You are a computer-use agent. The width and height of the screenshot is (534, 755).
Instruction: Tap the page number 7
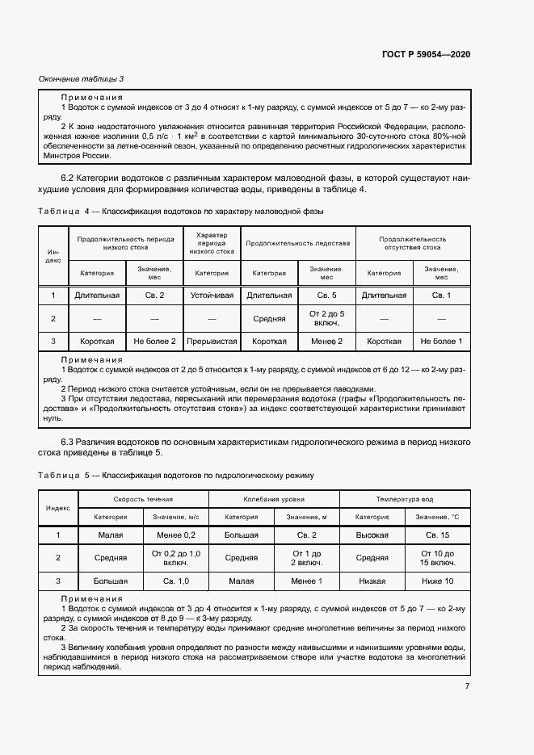click(467, 686)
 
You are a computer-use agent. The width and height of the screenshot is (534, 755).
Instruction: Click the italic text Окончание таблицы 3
click(82, 78)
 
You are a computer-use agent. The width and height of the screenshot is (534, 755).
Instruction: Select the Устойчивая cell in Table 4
click(212, 296)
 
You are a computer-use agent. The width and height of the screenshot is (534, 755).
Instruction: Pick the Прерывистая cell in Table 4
click(212, 342)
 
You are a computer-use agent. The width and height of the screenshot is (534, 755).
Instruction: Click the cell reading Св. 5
click(326, 296)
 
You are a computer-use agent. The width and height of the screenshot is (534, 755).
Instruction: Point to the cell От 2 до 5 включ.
click(326, 318)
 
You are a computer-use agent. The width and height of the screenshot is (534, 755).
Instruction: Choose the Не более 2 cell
click(154, 342)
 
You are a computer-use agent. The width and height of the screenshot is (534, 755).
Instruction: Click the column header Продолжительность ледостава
click(297, 242)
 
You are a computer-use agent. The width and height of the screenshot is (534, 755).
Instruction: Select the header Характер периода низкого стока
click(212, 243)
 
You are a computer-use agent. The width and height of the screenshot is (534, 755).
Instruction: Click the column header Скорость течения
click(143, 499)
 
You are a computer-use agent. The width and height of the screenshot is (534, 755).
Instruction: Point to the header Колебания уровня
click(274, 499)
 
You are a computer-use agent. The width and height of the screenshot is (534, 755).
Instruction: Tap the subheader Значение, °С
click(437, 517)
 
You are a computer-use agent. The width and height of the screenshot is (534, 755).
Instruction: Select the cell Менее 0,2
click(175, 535)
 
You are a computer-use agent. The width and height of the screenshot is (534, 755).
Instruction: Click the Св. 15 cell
click(437, 535)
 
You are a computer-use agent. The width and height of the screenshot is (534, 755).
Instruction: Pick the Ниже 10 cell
click(437, 581)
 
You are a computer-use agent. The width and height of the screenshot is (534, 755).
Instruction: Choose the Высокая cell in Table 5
click(372, 535)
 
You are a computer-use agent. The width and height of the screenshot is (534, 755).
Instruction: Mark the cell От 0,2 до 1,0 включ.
click(175, 557)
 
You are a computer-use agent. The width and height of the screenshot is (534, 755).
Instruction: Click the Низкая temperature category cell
click(372, 581)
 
